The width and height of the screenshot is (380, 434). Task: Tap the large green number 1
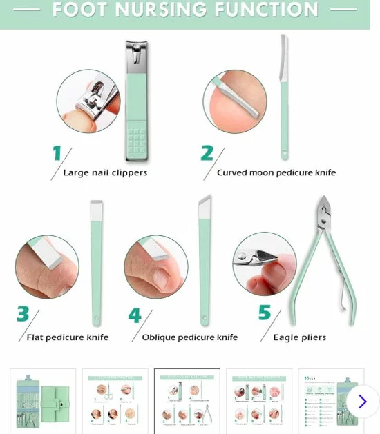[57, 153]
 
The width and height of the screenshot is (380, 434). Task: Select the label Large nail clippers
[105, 172]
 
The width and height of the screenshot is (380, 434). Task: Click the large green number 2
[207, 153]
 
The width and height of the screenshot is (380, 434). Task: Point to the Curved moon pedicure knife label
[276, 172]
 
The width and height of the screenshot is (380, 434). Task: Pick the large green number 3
[23, 315]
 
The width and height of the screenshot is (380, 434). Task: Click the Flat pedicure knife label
[67, 337]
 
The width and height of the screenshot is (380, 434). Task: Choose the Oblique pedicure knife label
[189, 337]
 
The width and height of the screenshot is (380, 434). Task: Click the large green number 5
[265, 313]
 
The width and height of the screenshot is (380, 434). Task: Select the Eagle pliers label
[299, 337]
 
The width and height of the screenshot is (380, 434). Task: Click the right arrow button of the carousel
[362, 401]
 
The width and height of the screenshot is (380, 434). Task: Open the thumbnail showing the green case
[43, 401]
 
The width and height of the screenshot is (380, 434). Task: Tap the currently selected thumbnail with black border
[187, 401]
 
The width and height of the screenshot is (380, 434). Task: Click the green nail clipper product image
[136, 100]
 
